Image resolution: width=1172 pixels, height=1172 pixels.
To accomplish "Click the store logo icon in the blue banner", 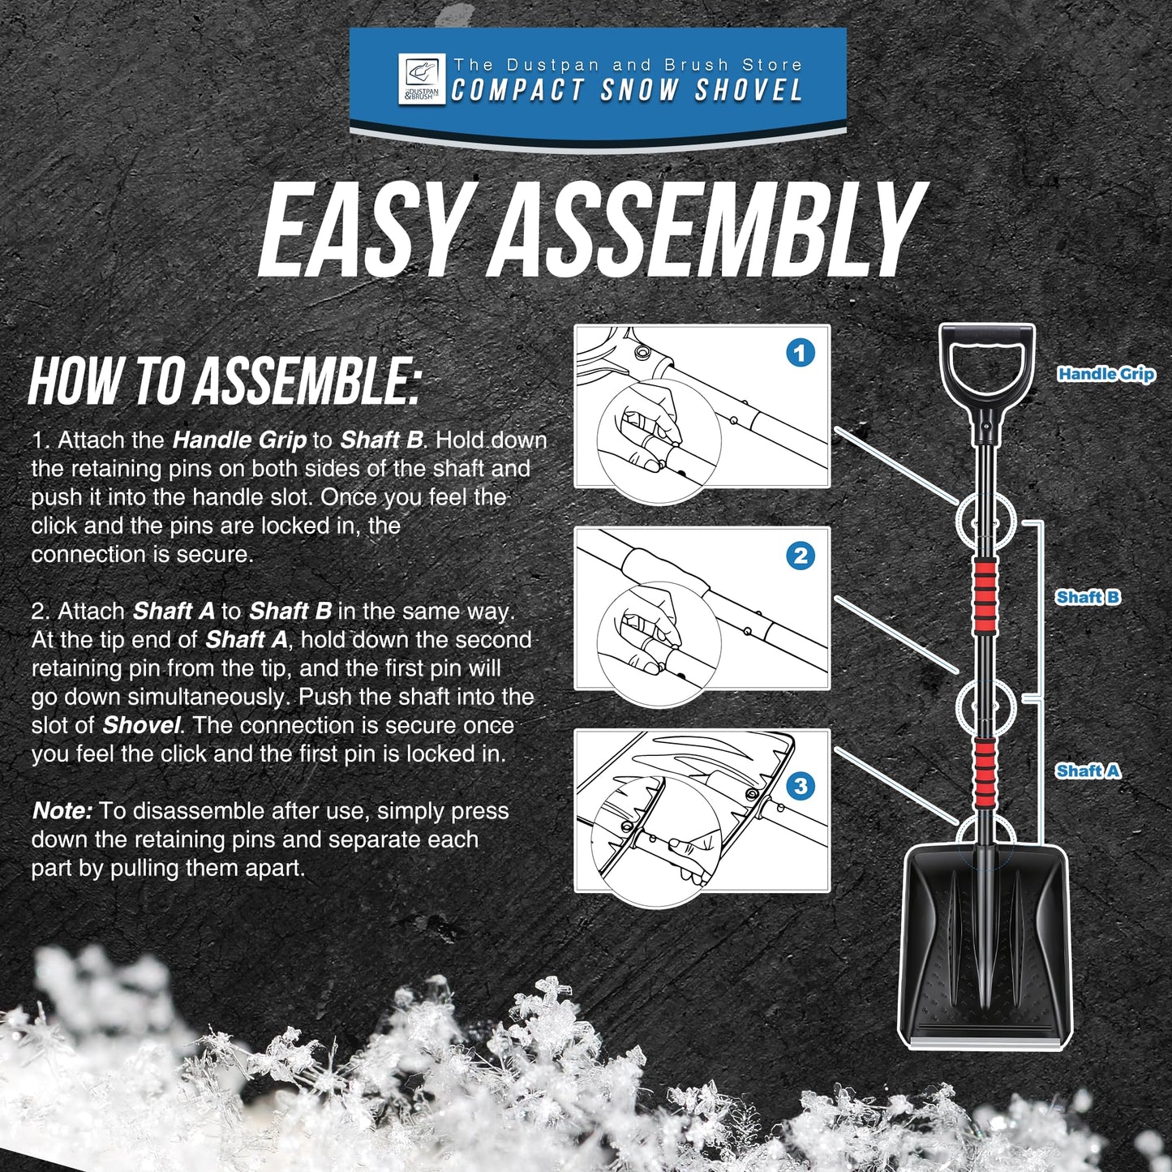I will (x=421, y=79).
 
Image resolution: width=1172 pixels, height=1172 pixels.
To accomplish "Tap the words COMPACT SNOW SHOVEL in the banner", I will (x=627, y=91).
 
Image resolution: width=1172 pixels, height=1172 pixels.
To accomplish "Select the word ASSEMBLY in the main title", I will (x=710, y=231).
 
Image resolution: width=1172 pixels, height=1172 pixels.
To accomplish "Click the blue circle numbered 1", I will (x=801, y=353).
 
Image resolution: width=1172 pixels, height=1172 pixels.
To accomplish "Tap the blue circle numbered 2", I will (x=801, y=556).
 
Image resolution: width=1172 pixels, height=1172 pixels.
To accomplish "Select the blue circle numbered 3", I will (x=801, y=785).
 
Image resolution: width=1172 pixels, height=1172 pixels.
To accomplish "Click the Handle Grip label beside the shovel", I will (x=1105, y=374).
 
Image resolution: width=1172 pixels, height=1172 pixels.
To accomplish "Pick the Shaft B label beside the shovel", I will (x=1088, y=597).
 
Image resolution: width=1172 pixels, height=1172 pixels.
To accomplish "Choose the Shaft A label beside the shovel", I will (x=1088, y=771).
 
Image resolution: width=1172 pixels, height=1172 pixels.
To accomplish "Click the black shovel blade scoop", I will (x=985, y=941).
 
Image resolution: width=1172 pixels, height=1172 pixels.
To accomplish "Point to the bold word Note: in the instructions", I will (x=62, y=811).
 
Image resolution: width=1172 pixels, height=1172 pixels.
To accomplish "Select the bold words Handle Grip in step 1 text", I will (x=239, y=440).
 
